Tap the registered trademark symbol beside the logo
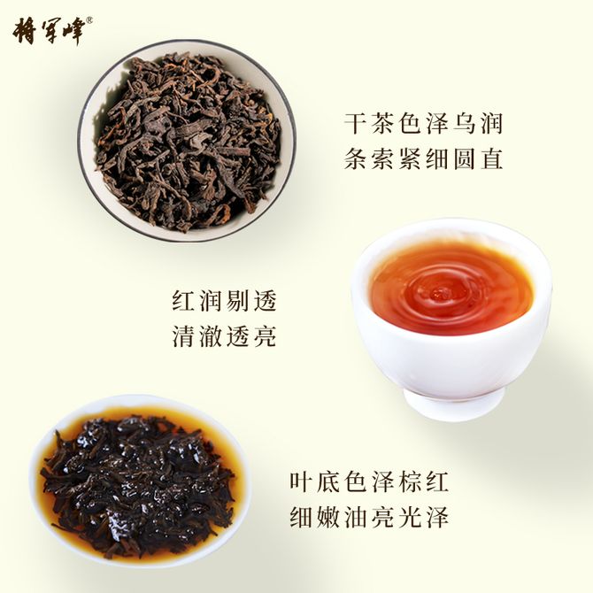click(89, 21)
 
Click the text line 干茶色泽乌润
click(424, 123)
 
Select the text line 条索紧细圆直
click(424, 158)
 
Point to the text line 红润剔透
click(225, 301)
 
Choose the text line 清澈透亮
click(225, 335)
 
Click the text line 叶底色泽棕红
click(369, 481)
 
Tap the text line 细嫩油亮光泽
click(369, 517)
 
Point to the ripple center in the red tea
click(439, 292)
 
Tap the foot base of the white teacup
click(453, 404)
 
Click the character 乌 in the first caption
click(464, 123)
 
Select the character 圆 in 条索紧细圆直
click(464, 158)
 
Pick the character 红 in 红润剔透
click(184, 301)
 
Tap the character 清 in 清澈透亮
click(184, 335)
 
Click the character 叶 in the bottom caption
click(302, 481)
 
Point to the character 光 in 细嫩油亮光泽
click(410, 517)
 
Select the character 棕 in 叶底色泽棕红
click(410, 481)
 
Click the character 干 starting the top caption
click(357, 123)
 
